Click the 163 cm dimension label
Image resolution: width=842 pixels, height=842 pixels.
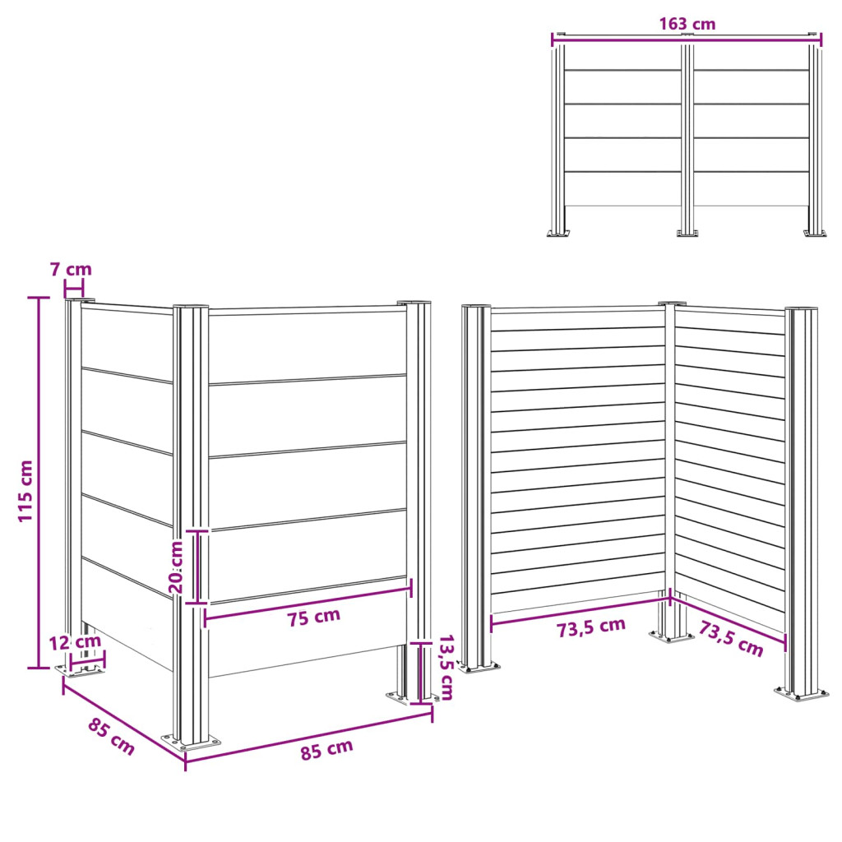(687, 24)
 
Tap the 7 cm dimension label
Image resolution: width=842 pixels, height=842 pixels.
(71, 269)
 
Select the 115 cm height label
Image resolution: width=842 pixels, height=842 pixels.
(25, 491)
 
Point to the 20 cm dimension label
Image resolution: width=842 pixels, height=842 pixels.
(176, 567)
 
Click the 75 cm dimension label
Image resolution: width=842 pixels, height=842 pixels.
(313, 617)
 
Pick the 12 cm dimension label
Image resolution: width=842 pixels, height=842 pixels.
(75, 641)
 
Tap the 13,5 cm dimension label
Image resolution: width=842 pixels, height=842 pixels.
(446, 668)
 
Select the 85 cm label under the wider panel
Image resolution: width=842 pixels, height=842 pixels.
(326, 749)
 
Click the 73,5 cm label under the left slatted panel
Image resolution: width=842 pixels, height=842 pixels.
(590, 627)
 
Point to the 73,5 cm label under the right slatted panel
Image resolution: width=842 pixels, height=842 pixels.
(731, 638)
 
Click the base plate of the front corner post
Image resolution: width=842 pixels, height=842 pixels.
(192, 743)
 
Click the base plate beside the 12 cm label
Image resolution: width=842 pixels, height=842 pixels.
(80, 670)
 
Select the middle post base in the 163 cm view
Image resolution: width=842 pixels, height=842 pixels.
(687, 233)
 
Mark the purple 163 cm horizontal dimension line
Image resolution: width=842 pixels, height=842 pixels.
(687, 36)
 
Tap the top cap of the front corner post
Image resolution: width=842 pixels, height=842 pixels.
(191, 307)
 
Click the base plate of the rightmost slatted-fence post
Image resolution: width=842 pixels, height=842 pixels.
(801, 693)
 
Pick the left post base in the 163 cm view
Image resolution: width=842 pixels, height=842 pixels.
(558, 233)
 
